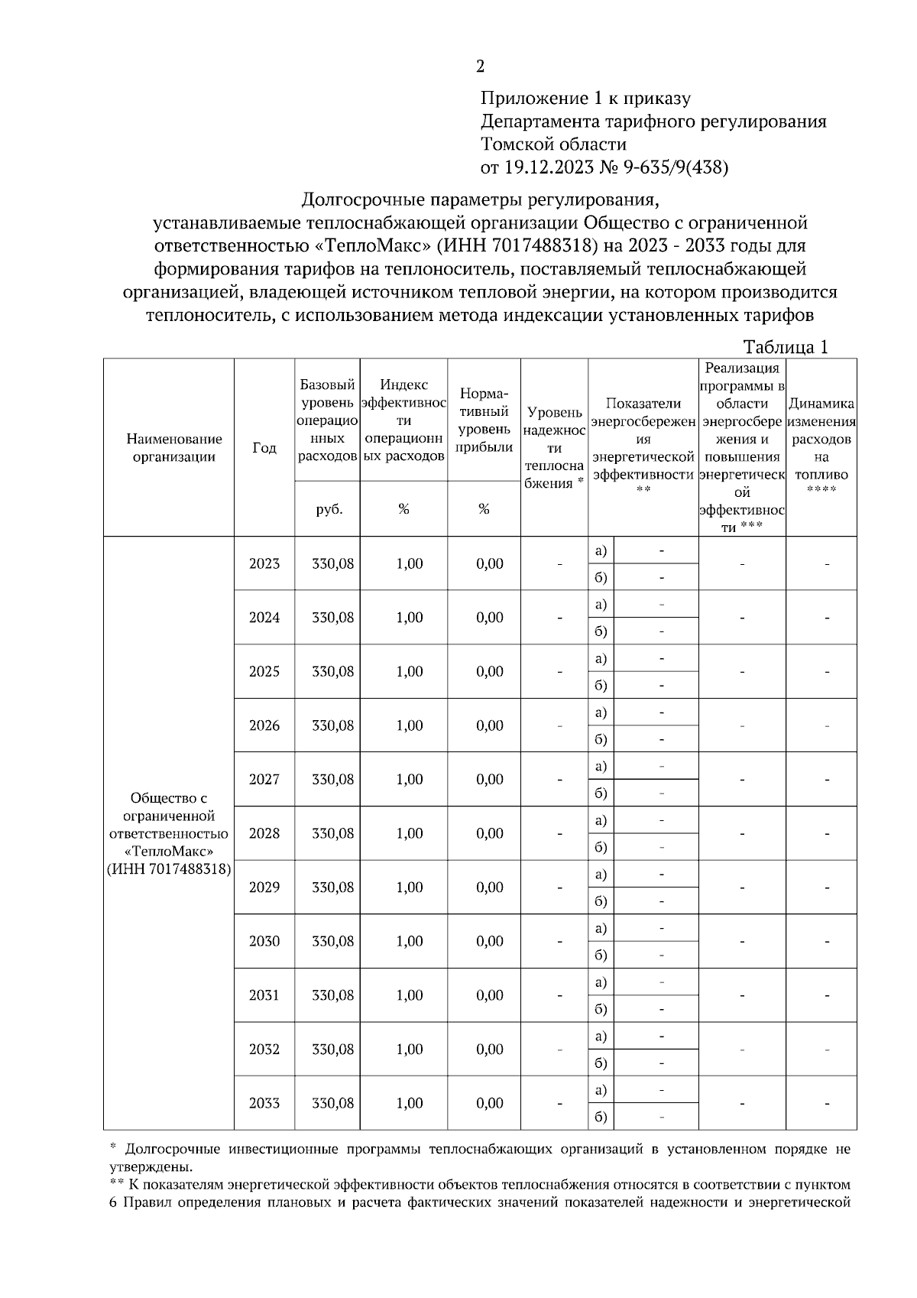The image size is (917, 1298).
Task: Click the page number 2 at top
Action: coord(480,67)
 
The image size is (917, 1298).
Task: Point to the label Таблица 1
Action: coord(786,347)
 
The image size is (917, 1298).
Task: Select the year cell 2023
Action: coord(264,563)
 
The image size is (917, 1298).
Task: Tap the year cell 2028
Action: coord(264,833)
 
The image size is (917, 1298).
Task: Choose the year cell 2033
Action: coord(264,1103)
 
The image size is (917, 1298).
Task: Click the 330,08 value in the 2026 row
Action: coord(332,725)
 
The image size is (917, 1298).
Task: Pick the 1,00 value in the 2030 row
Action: coord(410,941)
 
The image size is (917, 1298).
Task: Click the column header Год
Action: coord(264,448)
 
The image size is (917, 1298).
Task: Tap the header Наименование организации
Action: coord(174,448)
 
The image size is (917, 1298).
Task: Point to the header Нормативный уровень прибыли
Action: coord(484,420)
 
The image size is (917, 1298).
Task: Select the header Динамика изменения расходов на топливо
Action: coord(821,439)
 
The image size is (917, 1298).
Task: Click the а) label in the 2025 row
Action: coord(601,658)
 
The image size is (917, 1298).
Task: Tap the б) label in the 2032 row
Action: coord(601,1063)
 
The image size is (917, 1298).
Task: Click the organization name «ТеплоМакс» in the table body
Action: coord(168,851)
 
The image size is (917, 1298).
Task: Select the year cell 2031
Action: coord(264,995)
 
